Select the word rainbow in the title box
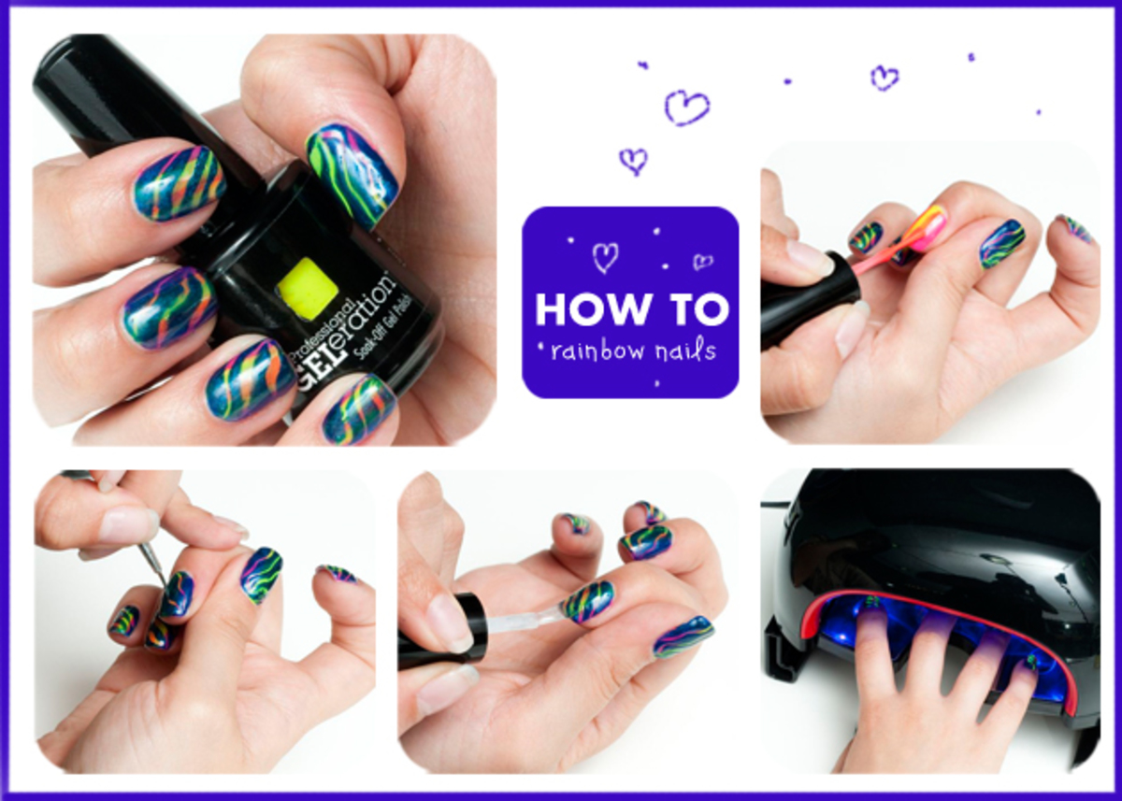(598, 350)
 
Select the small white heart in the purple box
(702, 261)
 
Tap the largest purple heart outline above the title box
(685, 107)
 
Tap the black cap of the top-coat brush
(467, 622)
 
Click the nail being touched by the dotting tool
(177, 594)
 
